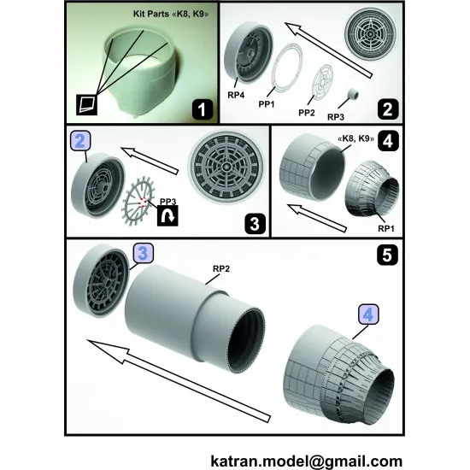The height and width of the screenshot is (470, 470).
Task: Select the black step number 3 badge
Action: pos(253,225)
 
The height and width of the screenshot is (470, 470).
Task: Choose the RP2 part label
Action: pos(221,266)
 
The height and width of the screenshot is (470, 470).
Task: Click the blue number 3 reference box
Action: pos(143,254)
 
